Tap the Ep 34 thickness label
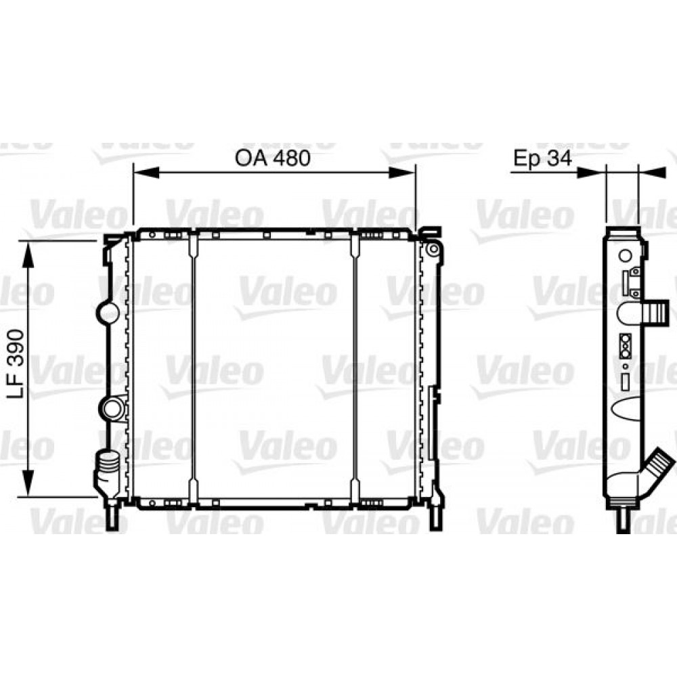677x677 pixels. click(542, 158)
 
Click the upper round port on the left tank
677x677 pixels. click(109, 312)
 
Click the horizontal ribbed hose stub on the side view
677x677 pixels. click(654, 313)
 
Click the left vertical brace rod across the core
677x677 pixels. click(194, 369)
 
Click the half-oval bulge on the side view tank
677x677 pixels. click(627, 409)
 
